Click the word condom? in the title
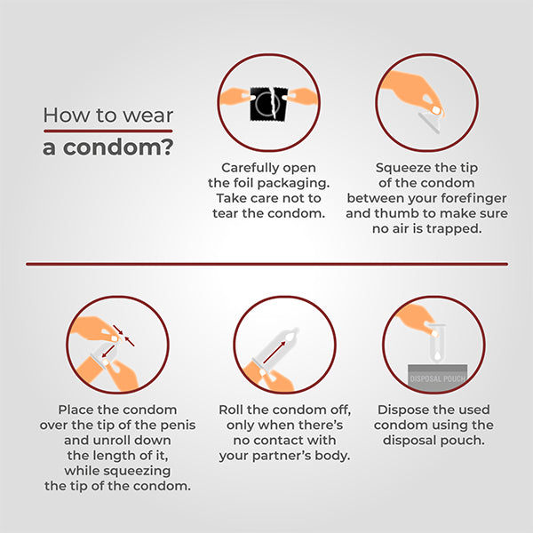click(118, 147)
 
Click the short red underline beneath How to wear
click(108, 131)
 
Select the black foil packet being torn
click(268, 104)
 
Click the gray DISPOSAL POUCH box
click(437, 378)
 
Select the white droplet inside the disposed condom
click(437, 355)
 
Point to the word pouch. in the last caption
click(462, 441)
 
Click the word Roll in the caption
click(231, 410)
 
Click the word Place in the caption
click(76, 410)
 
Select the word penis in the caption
click(179, 426)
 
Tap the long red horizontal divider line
click(266, 264)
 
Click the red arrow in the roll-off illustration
click(274, 352)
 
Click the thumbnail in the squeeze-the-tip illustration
click(436, 110)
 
